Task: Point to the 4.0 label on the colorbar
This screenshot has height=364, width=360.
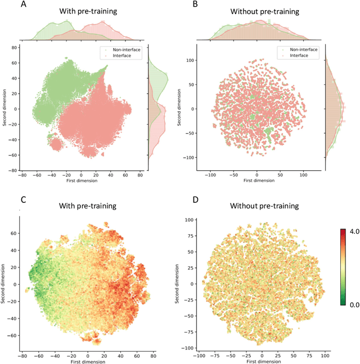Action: click(x=350, y=231)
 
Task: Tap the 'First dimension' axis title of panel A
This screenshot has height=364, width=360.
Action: click(x=82, y=180)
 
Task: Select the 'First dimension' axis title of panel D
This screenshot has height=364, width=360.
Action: click(x=260, y=361)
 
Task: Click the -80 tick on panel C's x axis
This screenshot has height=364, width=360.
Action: click(x=21, y=356)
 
